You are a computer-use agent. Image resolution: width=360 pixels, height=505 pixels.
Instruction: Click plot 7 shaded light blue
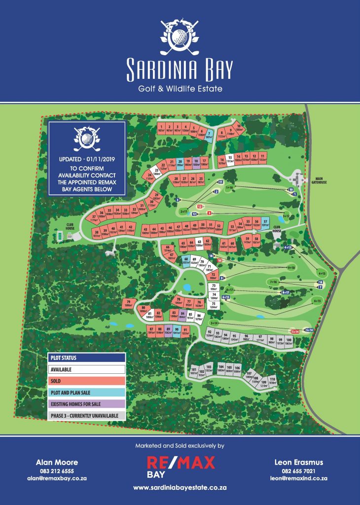pyautogui.click(x=209, y=134)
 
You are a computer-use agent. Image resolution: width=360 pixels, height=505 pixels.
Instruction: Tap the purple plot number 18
pyautogui.click(x=196, y=162)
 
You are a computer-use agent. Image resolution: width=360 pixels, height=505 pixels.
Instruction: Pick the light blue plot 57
pyautogui.click(x=265, y=223)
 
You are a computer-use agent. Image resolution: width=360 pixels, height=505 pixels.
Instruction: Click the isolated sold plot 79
pyautogui.click(x=129, y=304)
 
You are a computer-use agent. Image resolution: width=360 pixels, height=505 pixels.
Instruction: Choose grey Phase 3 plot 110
pyautogui.click(x=272, y=380)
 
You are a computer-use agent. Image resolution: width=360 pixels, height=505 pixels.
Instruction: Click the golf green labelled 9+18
pyautogui.click(x=291, y=267)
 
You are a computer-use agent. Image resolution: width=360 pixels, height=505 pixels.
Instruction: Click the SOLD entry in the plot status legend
pyautogui.click(x=86, y=381)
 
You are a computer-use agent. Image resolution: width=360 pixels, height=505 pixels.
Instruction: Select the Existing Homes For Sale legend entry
pyautogui.click(x=86, y=404)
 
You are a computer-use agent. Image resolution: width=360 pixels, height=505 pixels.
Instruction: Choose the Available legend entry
pyautogui.click(x=86, y=369)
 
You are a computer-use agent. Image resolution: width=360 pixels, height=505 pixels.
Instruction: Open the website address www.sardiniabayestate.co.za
pyautogui.click(x=180, y=487)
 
